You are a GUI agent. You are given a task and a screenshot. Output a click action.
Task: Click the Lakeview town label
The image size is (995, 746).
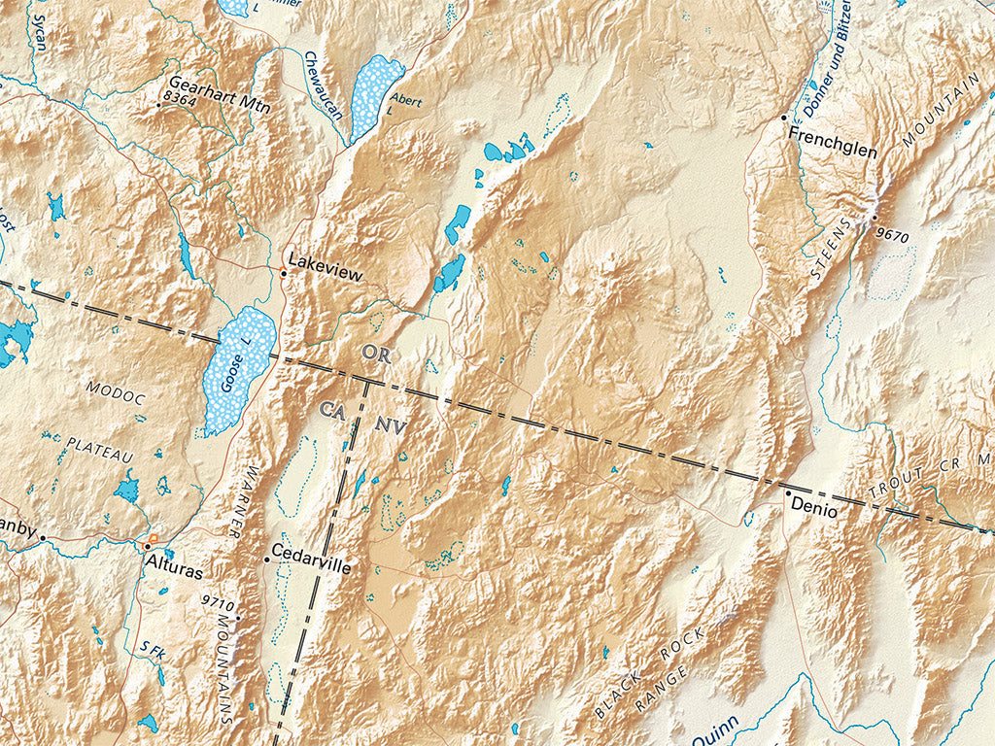click(x=325, y=275)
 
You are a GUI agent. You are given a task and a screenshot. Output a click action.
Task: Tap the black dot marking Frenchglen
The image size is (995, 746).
click(x=784, y=118)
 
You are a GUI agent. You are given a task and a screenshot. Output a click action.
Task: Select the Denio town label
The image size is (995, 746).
click(x=813, y=505)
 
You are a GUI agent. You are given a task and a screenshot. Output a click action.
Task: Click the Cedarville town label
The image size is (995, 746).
click(x=311, y=560)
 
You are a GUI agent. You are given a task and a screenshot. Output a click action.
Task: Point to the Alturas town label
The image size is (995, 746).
click(x=176, y=560)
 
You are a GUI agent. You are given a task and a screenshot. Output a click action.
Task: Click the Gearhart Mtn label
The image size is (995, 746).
click(x=219, y=84)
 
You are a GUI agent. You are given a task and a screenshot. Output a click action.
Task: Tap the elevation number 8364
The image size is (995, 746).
click(x=180, y=99)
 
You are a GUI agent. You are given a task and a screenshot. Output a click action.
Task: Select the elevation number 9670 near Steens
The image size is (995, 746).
click(x=894, y=234)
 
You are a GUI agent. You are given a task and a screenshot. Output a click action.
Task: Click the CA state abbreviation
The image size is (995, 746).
click(x=332, y=412)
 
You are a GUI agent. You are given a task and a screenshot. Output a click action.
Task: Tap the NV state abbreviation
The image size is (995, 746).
click(x=391, y=424)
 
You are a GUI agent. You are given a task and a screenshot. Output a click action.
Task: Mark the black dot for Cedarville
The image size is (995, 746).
click(x=266, y=560)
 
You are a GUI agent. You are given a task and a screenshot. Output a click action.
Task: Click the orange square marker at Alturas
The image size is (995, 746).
click(x=152, y=538)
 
